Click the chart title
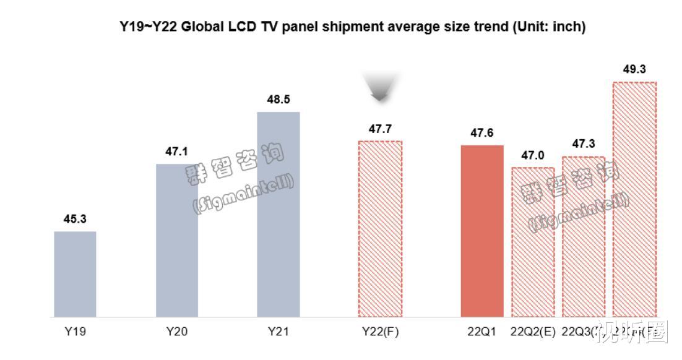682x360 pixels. [x=352, y=27]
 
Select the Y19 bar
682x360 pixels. [x=75, y=274]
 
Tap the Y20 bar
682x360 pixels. [x=176, y=241]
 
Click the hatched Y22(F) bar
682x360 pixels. [x=380, y=229]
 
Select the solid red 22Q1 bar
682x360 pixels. [x=482, y=231]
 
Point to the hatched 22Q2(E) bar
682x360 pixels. [x=532, y=242]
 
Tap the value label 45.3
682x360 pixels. [x=75, y=219]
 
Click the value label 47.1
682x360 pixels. [x=176, y=151]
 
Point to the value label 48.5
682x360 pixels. [x=278, y=99]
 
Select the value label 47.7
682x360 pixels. [x=380, y=129]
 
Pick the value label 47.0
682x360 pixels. [x=532, y=155]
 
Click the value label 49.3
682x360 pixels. [x=634, y=69]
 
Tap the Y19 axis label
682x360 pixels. [x=75, y=332]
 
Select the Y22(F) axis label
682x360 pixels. [x=380, y=332]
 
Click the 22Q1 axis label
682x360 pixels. [x=482, y=332]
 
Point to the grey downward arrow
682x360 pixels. [x=380, y=88]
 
